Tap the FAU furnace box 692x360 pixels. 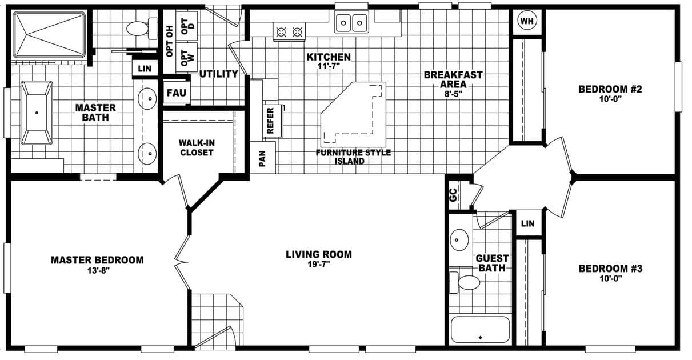[175, 93]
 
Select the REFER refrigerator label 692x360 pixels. [271, 121]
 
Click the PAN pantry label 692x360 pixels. [263, 158]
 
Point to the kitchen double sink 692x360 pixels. [351, 23]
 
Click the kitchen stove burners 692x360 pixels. [289, 32]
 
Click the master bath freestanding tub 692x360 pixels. [37, 113]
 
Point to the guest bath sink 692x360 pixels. [458, 240]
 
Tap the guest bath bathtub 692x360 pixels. [480, 330]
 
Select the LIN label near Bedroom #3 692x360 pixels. [528, 223]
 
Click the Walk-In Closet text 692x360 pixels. [196, 147]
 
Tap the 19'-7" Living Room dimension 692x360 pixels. [318, 264]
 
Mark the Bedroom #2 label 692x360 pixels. [610, 89]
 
